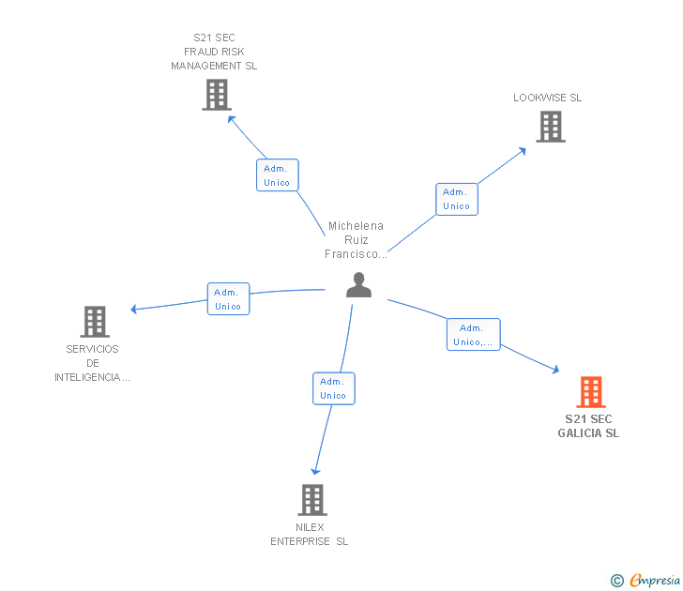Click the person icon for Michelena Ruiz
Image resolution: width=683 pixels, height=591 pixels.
[358, 285]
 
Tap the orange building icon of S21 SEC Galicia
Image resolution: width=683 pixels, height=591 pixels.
[590, 392]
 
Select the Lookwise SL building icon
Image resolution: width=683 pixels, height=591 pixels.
[551, 127]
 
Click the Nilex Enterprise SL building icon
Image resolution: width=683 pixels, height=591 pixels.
[312, 500]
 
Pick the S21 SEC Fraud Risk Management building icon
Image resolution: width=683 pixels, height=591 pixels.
[217, 95]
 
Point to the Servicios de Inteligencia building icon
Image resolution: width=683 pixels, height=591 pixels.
[94, 322]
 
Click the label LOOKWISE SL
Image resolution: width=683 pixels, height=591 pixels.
[547, 98]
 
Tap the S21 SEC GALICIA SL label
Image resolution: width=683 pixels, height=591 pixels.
[588, 426]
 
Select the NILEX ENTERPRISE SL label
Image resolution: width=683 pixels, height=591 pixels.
[310, 534]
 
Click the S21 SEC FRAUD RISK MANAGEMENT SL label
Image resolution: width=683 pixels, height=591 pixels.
[214, 53]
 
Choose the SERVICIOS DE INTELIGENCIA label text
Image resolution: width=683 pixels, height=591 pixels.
[92, 363]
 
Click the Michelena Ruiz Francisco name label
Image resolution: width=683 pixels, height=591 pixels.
[356, 240]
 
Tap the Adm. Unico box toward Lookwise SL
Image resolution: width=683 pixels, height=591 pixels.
[456, 199]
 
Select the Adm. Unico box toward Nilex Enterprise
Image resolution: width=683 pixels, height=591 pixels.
[333, 388]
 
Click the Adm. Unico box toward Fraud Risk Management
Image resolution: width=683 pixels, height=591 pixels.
[277, 175]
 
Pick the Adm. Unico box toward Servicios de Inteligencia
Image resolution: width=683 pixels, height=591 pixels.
[228, 299]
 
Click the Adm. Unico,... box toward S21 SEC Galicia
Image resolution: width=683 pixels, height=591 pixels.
[473, 335]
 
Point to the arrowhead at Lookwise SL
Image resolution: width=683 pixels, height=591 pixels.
[523, 150]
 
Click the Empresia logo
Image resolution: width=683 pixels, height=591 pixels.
[648, 580]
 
